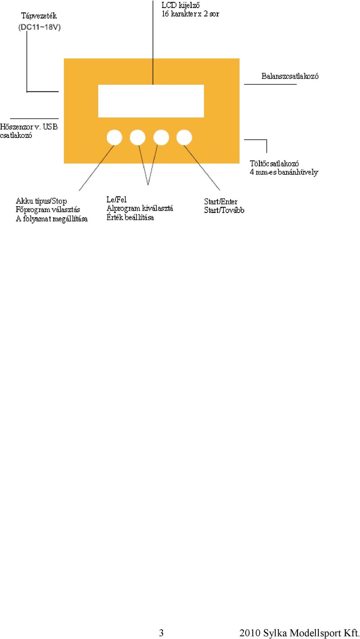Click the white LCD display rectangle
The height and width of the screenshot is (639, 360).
(x=151, y=101)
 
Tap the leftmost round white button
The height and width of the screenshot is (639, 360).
(x=114, y=137)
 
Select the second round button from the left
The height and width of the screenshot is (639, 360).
(x=138, y=137)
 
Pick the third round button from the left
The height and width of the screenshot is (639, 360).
(x=161, y=137)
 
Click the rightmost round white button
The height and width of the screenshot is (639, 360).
(x=184, y=137)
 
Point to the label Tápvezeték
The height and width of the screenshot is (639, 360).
(x=39, y=16)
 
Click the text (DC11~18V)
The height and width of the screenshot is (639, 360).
(x=39, y=27)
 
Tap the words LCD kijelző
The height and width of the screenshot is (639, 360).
(x=180, y=5)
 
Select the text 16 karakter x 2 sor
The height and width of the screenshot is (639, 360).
(x=190, y=14)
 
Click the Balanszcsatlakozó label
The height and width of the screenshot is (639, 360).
(x=290, y=76)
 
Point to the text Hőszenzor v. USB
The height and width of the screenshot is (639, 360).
(x=28, y=127)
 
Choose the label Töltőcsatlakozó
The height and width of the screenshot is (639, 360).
(x=274, y=163)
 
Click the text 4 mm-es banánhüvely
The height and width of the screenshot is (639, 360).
(x=284, y=172)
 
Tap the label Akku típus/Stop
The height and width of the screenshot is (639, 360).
(x=41, y=201)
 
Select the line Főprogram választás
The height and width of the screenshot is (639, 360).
(x=48, y=210)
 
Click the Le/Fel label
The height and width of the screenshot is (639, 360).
(x=117, y=199)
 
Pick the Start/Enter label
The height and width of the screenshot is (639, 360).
(x=220, y=201)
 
